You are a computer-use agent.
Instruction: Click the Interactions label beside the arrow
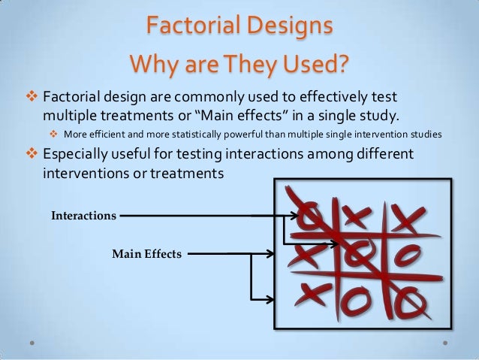point(83,216)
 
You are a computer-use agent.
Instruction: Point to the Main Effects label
point(146,254)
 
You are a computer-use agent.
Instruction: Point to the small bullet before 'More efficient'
point(54,135)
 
